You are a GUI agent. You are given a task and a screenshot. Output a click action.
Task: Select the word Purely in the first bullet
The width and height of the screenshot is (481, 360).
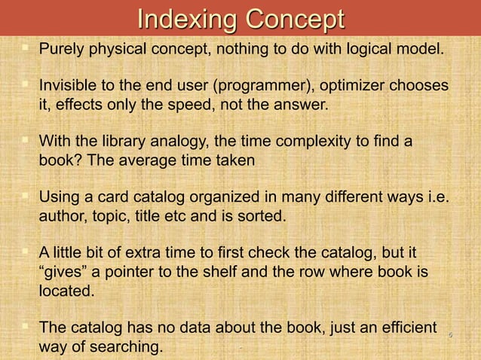point(62,51)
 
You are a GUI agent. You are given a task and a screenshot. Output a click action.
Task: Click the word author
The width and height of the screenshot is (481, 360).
point(61,217)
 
